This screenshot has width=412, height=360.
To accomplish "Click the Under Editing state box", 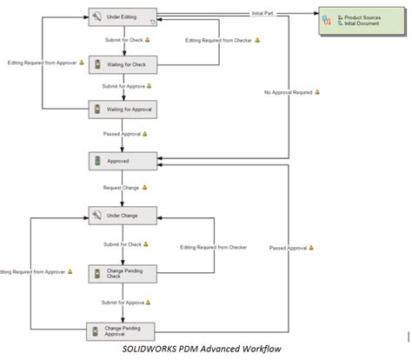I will tap(123, 17).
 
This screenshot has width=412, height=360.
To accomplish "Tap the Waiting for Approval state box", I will tap(123, 110).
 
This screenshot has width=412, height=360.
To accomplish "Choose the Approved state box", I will tap(123, 162).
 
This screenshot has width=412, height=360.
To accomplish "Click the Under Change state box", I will tap(123, 214).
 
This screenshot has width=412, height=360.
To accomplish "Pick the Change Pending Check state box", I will tap(123, 273).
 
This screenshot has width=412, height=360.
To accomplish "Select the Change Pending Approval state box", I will tap(123, 331).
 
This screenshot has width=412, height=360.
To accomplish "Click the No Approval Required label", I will tap(288, 91).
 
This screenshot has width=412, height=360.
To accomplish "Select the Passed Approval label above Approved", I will tap(122, 135).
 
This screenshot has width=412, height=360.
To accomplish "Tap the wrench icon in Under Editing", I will tap(97, 17).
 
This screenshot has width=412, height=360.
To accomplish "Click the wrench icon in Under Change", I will tap(97, 214).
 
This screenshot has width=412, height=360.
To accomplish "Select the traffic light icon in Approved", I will tap(97, 162).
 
